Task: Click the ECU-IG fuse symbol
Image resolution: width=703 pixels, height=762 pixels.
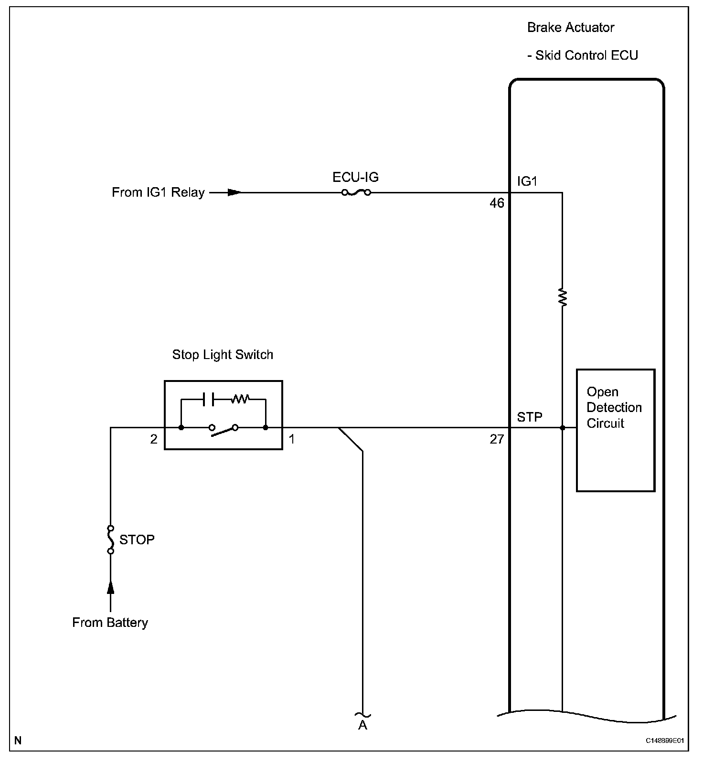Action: tap(356, 192)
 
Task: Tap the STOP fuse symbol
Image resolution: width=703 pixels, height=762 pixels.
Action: tap(111, 540)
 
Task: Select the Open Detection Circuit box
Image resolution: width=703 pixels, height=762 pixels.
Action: tap(615, 430)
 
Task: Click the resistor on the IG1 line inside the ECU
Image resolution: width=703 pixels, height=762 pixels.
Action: tap(563, 297)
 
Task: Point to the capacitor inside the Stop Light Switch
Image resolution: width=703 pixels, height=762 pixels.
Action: tap(209, 399)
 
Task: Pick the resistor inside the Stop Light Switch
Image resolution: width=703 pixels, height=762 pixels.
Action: tap(240, 399)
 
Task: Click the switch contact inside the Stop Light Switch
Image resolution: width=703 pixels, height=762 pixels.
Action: tap(224, 428)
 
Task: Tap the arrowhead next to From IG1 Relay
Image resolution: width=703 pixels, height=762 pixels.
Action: tap(234, 192)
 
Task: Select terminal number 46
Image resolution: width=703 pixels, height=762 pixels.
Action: tap(497, 203)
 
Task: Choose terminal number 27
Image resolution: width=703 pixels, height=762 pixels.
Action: tap(497, 439)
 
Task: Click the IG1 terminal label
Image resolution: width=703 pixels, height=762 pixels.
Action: tap(527, 181)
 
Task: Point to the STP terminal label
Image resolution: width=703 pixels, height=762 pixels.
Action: tap(530, 417)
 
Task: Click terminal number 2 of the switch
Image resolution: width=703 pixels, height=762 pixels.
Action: tap(154, 439)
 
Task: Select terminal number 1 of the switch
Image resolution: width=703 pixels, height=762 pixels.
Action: tap(292, 439)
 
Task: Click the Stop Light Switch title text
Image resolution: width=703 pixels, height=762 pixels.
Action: tap(223, 355)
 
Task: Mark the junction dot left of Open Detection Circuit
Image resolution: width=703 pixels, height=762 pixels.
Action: tap(563, 428)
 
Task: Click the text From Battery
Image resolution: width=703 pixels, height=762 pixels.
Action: tap(110, 623)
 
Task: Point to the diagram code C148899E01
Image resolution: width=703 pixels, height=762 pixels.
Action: tap(665, 741)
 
